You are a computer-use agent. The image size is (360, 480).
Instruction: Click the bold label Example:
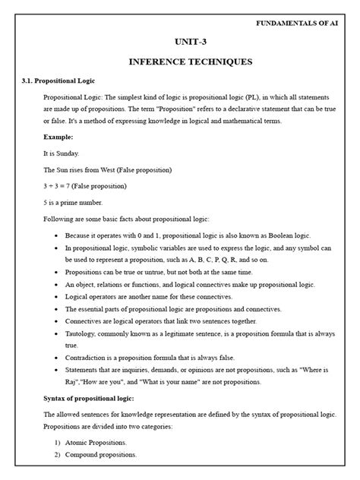[58, 137]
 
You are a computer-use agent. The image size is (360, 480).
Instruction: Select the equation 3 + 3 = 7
[64, 186]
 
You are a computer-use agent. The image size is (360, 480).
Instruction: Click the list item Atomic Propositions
[96, 442]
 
